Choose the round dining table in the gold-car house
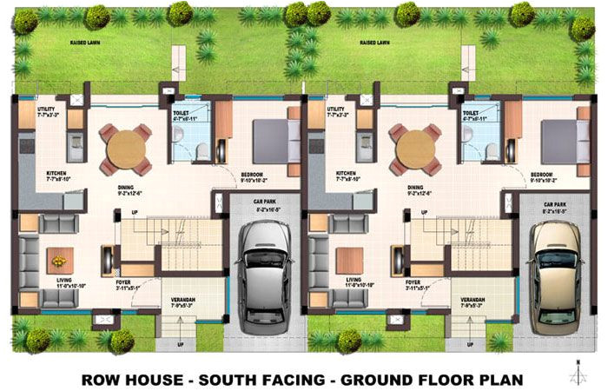[414, 149]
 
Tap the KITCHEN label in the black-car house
[57, 173]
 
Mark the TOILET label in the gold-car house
[472, 112]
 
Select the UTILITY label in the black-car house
[47, 109]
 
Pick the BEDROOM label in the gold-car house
[543, 174]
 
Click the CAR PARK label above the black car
[257, 203]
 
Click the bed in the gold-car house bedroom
[559, 138]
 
